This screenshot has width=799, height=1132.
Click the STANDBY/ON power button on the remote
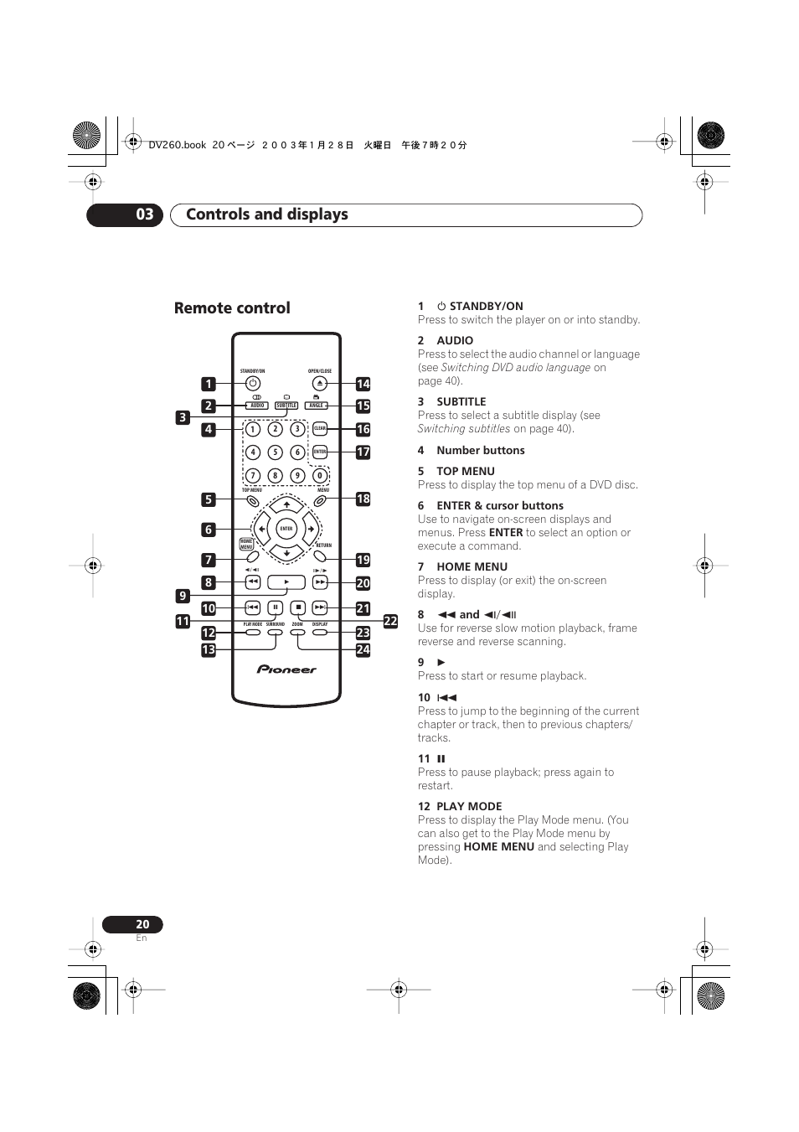[252, 384]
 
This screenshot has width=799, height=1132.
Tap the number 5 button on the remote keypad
[275, 452]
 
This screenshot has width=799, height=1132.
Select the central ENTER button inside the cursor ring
[286, 529]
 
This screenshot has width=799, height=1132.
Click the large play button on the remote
[286, 582]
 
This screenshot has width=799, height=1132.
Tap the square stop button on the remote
[297, 607]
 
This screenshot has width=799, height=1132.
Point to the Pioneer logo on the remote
[286, 669]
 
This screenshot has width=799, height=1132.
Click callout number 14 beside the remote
[363, 384]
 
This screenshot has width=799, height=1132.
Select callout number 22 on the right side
[390, 621]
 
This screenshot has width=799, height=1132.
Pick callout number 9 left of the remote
[183, 596]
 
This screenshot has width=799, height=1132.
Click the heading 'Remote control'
[232, 308]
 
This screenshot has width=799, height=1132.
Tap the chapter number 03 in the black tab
[145, 215]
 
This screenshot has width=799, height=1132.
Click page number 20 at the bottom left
[142, 924]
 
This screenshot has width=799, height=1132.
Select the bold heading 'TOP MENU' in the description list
[465, 471]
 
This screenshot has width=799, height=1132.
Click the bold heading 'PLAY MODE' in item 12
[469, 806]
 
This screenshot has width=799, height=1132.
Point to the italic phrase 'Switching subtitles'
[464, 428]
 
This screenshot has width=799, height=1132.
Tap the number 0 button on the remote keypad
[319, 475]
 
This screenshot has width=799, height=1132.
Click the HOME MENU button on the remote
[246, 544]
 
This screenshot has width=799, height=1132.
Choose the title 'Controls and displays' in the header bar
[267, 215]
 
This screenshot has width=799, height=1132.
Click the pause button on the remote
[275, 607]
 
